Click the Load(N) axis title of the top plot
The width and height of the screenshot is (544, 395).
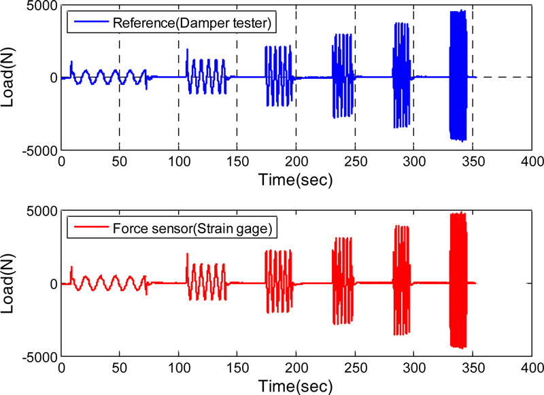pyautogui.click(x=12, y=77)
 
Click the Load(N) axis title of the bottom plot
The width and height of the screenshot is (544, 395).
pyautogui.click(x=12, y=283)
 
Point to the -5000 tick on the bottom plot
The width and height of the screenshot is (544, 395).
pyautogui.click(x=39, y=356)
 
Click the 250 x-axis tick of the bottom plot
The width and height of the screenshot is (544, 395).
pyautogui.click(x=356, y=367)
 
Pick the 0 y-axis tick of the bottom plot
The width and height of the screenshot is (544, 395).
pyautogui.click(x=52, y=284)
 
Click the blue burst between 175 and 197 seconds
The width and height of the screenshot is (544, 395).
pyautogui.click(x=279, y=76)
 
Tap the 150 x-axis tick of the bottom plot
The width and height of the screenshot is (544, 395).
pyautogui.click(x=237, y=367)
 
